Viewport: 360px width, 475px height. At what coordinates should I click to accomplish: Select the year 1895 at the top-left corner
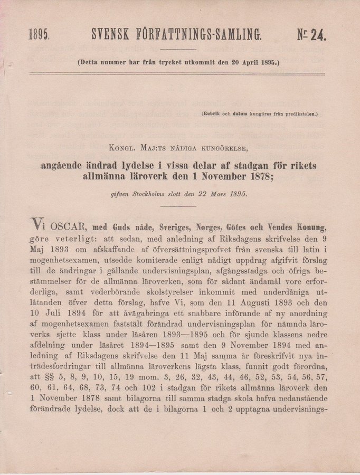coord(38,36)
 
